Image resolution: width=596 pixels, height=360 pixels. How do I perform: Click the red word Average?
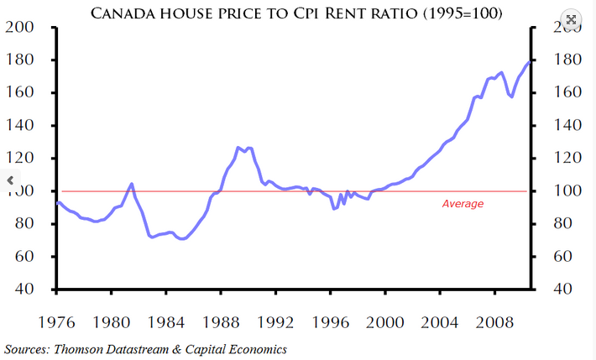463,203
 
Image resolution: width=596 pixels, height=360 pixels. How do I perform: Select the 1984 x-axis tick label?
166,321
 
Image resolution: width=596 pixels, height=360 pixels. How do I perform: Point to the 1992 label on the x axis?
275,321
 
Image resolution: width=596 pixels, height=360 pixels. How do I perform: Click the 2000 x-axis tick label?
385,321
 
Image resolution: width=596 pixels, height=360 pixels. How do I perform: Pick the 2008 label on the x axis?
494,321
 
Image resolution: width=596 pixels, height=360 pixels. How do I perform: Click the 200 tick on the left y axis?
20,28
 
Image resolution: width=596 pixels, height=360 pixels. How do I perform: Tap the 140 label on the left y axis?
20,126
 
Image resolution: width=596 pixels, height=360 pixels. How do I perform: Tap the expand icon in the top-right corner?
571,18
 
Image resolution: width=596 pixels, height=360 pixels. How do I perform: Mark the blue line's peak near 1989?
239,148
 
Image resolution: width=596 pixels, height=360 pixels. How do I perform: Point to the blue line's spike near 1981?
131,184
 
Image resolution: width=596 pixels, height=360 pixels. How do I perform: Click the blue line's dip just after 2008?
511,97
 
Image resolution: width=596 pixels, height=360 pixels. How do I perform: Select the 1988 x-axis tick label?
221,321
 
